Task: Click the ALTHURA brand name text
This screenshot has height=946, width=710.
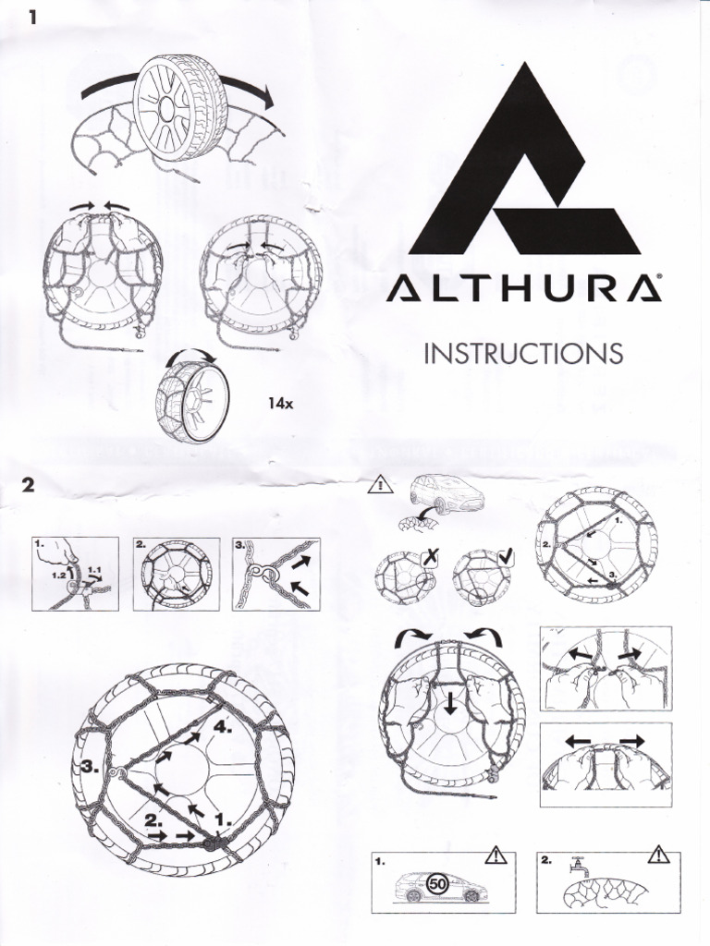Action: click(523, 289)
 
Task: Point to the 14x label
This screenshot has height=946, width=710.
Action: click(280, 404)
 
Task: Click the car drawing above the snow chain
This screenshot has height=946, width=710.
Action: click(446, 491)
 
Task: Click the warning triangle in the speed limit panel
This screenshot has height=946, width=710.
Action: click(498, 856)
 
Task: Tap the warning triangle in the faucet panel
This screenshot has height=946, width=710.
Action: click(659, 855)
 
